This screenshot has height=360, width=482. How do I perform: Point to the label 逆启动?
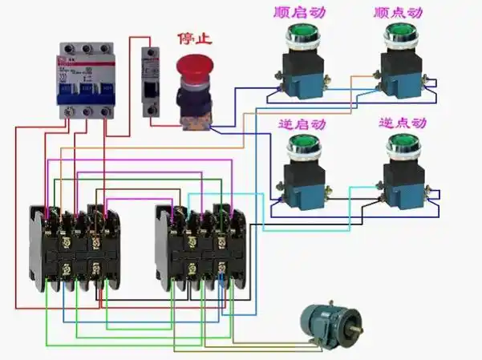click(x=302, y=124)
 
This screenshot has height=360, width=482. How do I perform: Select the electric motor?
click(x=324, y=324)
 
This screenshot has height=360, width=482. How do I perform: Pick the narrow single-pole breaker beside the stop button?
click(x=150, y=80)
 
